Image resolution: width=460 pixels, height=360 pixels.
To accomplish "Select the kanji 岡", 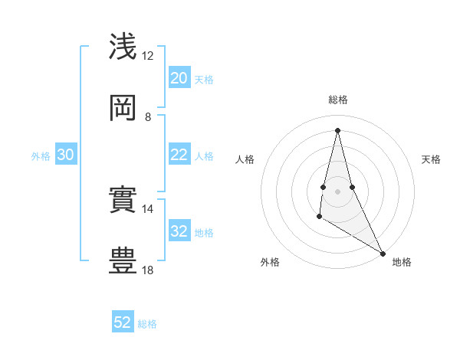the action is tap(123, 108).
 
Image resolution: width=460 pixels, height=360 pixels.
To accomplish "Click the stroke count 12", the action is tap(148, 56).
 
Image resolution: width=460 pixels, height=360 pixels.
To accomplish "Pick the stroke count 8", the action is tap(148, 117).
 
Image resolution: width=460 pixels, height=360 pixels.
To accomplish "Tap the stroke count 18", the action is tap(148, 270).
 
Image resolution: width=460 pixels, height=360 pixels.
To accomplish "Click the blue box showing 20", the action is tap(179, 78).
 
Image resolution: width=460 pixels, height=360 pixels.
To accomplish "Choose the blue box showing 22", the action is tap(179, 155).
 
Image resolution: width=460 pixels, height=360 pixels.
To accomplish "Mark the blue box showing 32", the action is tap(179, 231).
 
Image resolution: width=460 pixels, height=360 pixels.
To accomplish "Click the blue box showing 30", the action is tap(66, 155).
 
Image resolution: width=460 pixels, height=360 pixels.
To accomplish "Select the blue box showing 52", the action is tap(123, 322).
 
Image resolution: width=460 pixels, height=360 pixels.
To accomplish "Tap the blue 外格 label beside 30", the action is tap(41, 156).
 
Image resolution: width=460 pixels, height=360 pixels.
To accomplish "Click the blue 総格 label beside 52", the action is tap(147, 324).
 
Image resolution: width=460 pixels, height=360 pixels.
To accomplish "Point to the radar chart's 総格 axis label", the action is tap(338, 100).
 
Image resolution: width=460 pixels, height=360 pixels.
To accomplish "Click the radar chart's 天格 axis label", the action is tap(432, 159).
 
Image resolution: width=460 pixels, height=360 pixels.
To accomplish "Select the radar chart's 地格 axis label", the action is tap(402, 263).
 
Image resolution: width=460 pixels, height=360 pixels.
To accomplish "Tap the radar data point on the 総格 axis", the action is tap(337, 130).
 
